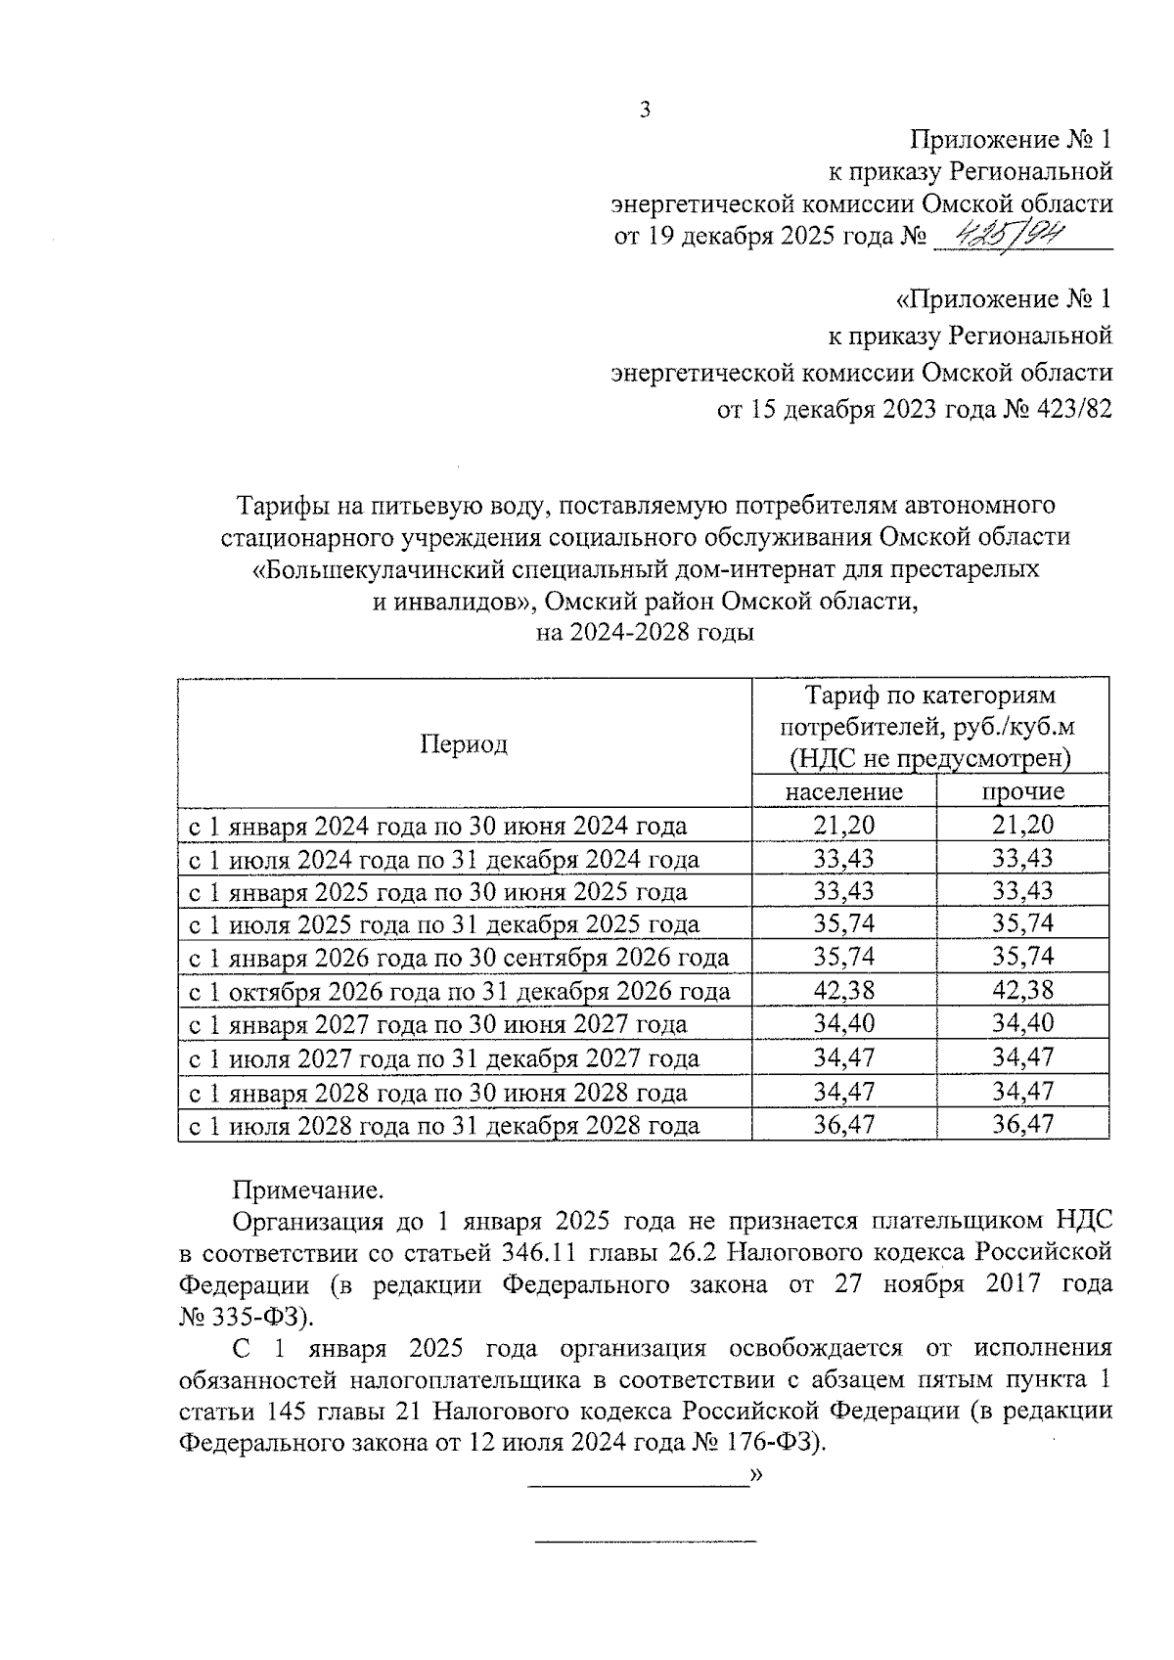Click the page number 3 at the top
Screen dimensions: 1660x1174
(645, 110)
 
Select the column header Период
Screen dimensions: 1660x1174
(464, 744)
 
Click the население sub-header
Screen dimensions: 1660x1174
(843, 791)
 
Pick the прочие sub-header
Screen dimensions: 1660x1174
(1022, 791)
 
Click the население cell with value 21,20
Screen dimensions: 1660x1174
(843, 825)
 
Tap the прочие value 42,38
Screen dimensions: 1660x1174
(1022, 990)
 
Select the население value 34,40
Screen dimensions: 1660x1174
(843, 1023)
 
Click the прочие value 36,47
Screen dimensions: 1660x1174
(1022, 1124)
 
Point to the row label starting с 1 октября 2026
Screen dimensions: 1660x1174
(459, 991)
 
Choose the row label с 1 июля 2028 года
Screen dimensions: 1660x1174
(443, 1125)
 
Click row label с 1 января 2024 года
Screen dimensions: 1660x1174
(437, 826)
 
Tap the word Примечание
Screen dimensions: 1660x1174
(306, 1190)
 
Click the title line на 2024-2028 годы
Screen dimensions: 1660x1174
(645, 632)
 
